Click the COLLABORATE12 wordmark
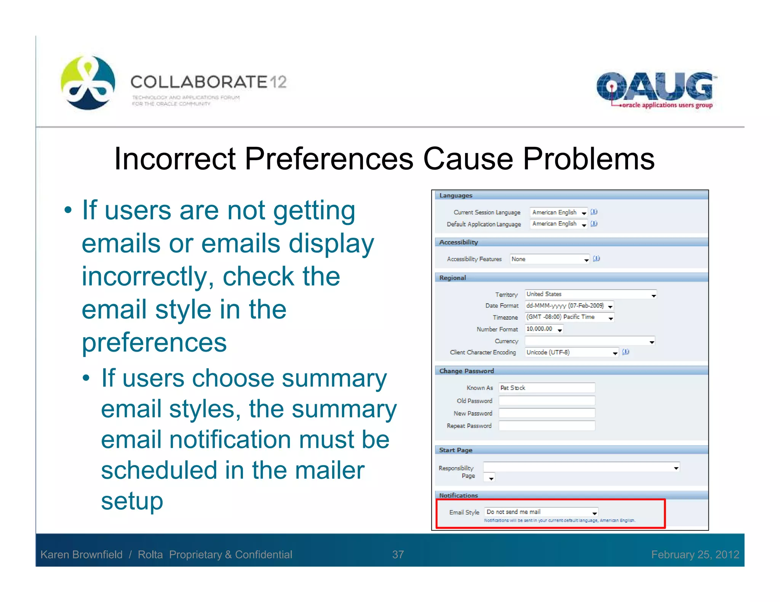click(x=208, y=82)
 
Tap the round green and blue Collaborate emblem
click(x=88, y=83)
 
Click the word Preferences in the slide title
click(x=329, y=159)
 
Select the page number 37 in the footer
click(x=398, y=554)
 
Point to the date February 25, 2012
click(x=695, y=554)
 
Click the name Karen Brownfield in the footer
click(x=82, y=554)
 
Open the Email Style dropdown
click(x=541, y=512)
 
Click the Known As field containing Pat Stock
click(x=547, y=388)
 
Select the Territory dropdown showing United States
click(x=590, y=294)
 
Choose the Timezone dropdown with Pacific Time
click(x=569, y=317)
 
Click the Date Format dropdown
click(x=569, y=306)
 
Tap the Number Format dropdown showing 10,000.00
click(x=544, y=329)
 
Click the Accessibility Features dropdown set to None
click(x=549, y=259)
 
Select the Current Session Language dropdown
click(x=559, y=212)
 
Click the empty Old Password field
click(x=547, y=401)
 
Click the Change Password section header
click(x=467, y=371)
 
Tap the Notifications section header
click(x=459, y=495)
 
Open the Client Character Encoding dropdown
click(x=571, y=352)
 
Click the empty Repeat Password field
click(x=547, y=426)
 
